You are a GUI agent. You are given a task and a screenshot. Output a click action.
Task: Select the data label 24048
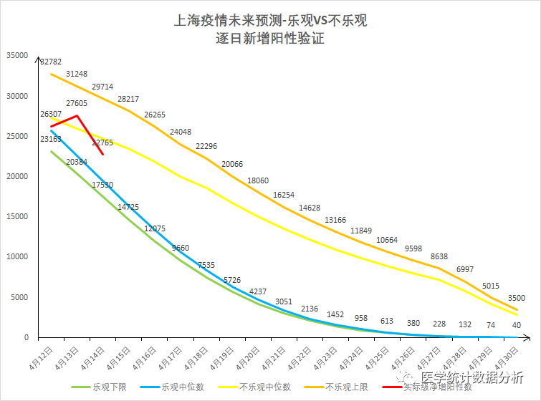(x=181, y=131)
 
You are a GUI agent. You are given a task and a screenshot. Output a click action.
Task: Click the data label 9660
(x=180, y=248)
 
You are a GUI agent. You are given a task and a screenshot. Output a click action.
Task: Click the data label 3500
(x=516, y=297)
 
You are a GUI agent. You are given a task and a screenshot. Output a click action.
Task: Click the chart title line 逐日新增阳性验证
(x=270, y=39)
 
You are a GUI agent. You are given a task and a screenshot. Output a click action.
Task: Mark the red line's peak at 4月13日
(x=77, y=115)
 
